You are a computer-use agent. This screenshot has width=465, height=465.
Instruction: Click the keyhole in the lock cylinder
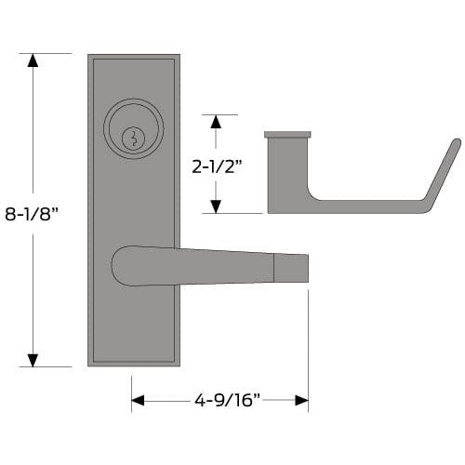click(134, 138)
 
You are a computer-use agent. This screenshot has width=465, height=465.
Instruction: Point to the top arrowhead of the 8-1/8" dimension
click(33, 61)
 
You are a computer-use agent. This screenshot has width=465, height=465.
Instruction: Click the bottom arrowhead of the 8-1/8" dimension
click(33, 359)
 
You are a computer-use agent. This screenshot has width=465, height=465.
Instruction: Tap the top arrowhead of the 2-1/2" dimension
click(217, 121)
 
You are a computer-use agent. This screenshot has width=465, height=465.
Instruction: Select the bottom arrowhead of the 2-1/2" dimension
click(217, 206)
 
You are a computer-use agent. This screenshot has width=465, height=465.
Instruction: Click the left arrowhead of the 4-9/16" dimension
click(139, 401)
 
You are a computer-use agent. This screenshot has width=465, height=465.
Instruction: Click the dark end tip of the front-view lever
click(292, 267)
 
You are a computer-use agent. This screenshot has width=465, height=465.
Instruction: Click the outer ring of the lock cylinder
click(134, 116)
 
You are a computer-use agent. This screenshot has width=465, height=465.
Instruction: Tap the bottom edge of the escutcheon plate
click(134, 364)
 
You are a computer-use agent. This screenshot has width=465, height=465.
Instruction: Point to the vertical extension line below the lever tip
click(308, 344)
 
